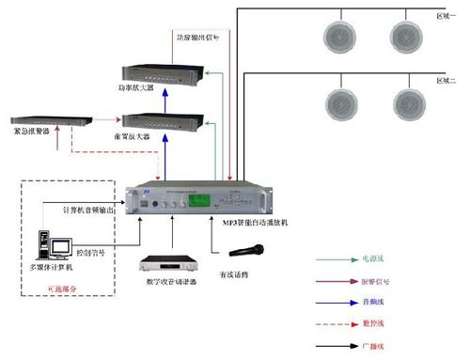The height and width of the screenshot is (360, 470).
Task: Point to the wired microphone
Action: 246,250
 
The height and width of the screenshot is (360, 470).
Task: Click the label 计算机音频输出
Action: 88,210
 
